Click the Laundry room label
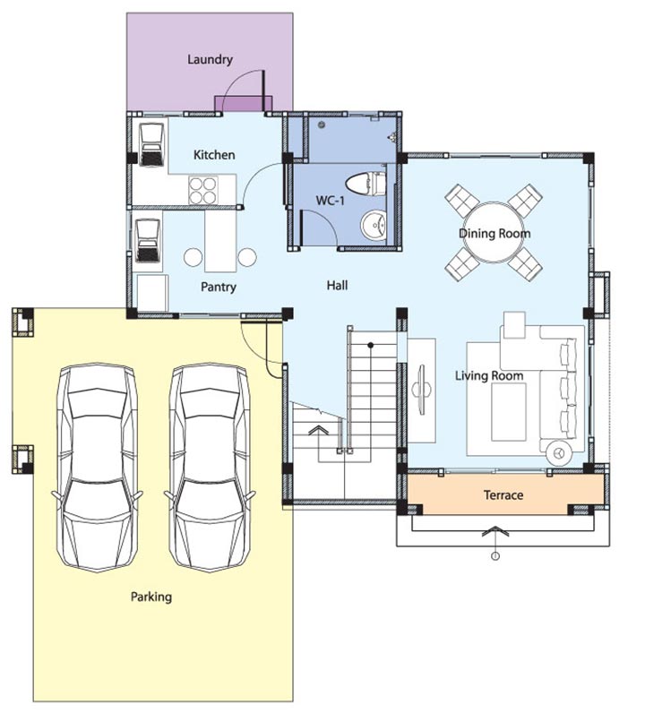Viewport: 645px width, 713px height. coord(211,60)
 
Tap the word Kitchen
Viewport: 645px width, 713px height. coord(214,155)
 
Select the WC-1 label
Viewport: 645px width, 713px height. coord(331,200)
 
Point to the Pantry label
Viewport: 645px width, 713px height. coord(219,287)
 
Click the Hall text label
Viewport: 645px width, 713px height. coord(337,286)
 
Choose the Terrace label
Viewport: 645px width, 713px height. coord(503,494)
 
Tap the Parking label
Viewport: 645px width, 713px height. coord(151,597)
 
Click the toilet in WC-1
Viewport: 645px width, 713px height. coord(365,184)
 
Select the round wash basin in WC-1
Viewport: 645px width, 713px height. coord(374,225)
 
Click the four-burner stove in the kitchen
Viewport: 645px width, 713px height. coord(202,191)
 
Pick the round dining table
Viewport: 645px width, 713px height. coord(494,232)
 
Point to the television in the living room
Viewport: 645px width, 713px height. coord(422,390)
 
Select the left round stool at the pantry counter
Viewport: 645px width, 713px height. coord(193,257)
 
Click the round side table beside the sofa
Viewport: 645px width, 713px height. coord(559,453)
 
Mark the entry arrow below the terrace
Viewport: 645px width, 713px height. coord(495,530)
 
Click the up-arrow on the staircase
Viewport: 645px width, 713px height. coord(319,430)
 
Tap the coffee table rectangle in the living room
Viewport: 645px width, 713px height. coord(509,412)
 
